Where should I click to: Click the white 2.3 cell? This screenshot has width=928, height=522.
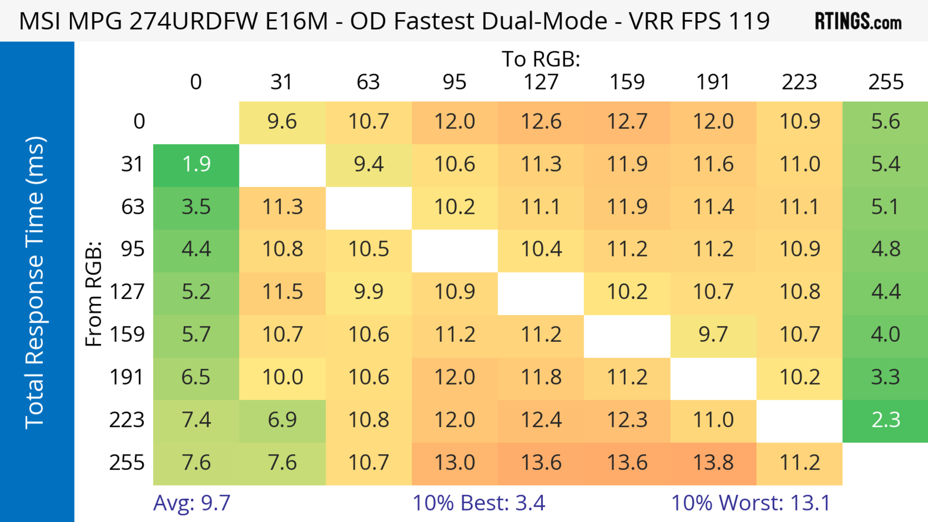coord(885,420)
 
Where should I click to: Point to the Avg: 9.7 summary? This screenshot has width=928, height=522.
coord(192,503)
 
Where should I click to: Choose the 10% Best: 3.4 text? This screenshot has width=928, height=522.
coord(478,503)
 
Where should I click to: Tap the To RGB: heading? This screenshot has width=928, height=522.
coord(541,59)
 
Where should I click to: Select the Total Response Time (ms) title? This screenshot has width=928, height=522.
coord(35,283)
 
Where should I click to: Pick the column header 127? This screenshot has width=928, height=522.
coord(541,82)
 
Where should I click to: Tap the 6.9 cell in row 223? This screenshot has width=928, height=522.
coord(282,420)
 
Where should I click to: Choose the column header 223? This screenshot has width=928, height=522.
coord(799,82)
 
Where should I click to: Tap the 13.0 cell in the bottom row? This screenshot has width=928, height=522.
coord(454,463)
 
